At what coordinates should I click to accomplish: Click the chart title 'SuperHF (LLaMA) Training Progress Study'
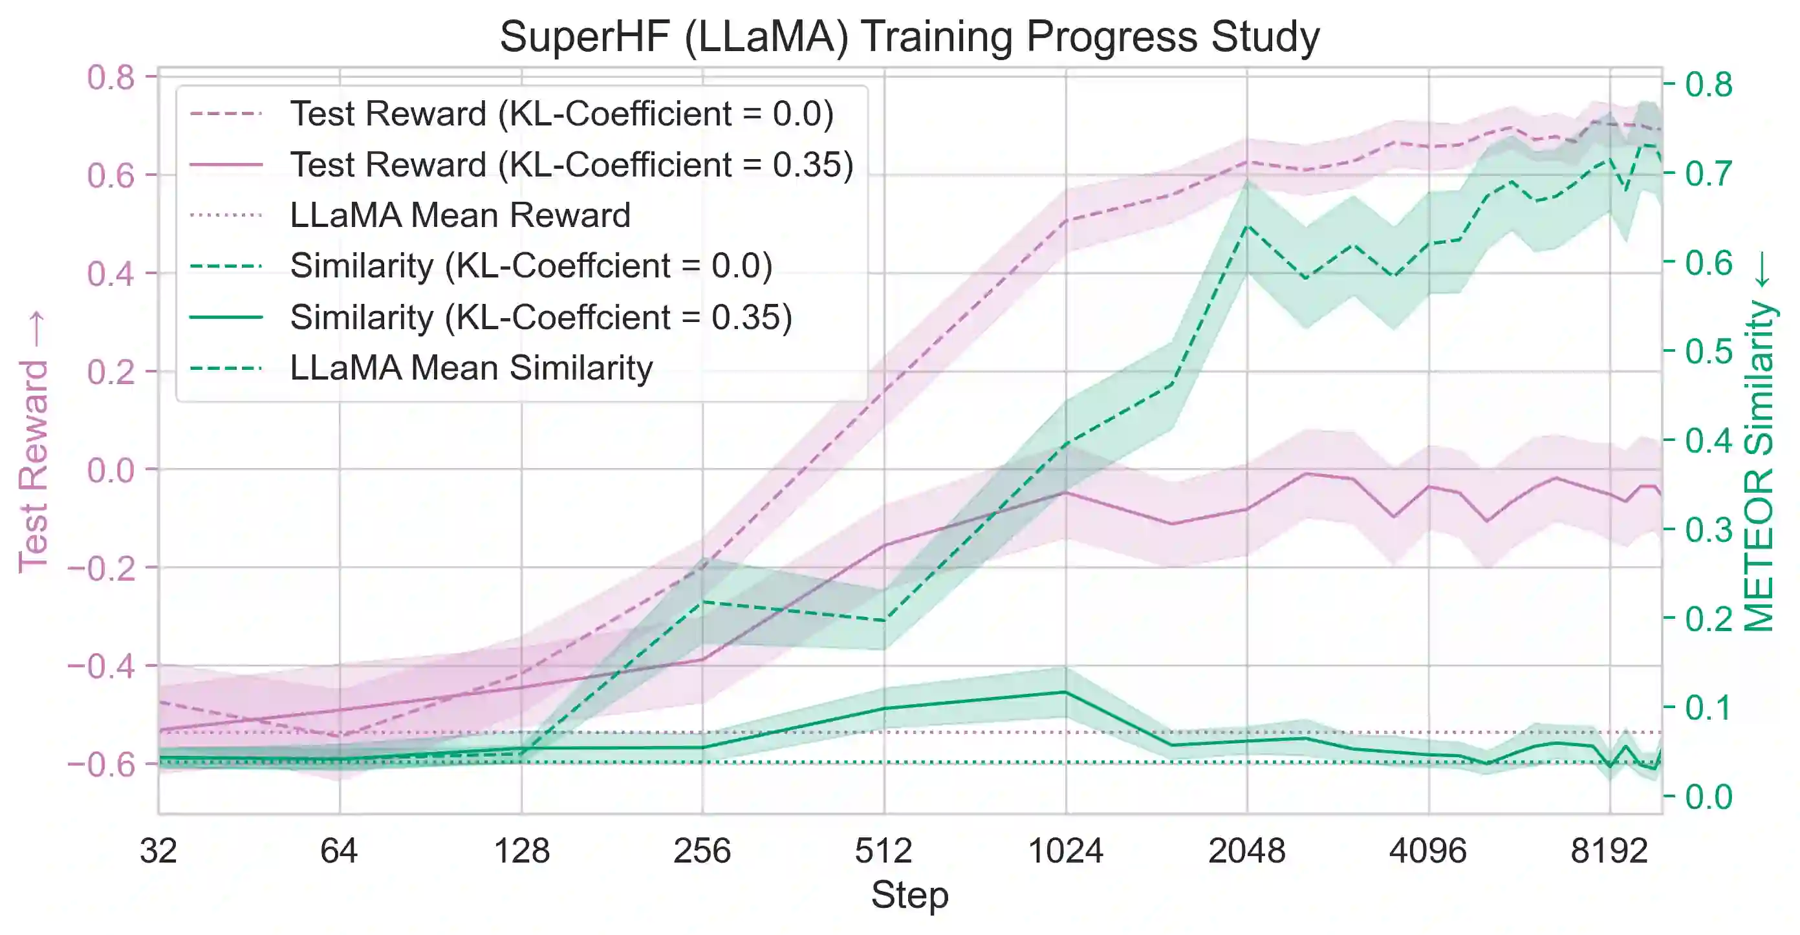coord(909,36)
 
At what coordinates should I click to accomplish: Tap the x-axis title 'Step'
coord(909,894)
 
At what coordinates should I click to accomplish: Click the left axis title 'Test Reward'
coord(33,443)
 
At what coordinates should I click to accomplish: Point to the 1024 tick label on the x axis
coord(1066,851)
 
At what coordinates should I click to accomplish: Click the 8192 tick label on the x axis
coord(1609,851)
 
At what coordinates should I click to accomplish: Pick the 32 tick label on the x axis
coord(158,851)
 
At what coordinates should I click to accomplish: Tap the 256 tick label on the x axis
coord(702,851)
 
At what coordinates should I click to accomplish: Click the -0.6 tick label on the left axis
coord(102,764)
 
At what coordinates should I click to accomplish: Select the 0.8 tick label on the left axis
coord(111,77)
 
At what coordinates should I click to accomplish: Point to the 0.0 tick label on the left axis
coord(111,469)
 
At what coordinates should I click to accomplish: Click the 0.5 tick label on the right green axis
coord(1708,351)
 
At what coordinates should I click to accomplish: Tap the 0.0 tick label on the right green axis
coord(1708,797)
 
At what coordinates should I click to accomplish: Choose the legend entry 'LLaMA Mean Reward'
coord(460,215)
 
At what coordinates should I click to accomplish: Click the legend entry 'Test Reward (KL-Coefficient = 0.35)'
coord(572,165)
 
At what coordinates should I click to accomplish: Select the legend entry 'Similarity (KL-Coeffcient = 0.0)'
coord(531,266)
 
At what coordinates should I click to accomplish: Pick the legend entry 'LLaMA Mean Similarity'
coord(471,367)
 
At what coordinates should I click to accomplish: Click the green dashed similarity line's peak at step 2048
coord(1247,226)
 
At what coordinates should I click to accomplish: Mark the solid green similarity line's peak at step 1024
coord(1066,692)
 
